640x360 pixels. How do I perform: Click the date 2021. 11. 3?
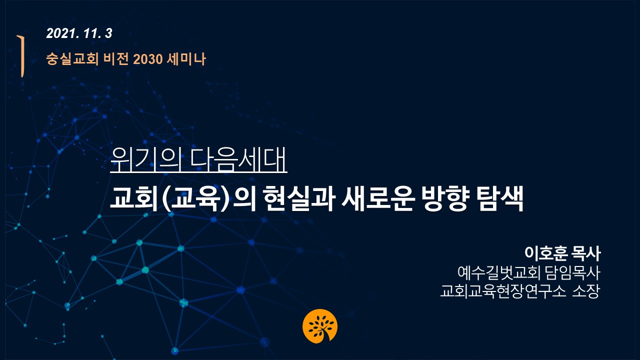point(79,33)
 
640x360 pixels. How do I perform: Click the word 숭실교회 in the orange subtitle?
point(72,59)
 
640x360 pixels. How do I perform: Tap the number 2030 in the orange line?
point(147,59)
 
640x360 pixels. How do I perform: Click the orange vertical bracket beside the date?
point(21,56)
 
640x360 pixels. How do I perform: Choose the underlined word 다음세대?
point(238,159)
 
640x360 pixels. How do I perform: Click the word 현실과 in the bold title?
point(299,198)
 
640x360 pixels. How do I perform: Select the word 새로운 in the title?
point(377,198)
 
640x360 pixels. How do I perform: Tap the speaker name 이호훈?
point(545,253)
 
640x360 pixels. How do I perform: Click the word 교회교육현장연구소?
point(503,291)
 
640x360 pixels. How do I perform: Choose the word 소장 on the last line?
point(585,291)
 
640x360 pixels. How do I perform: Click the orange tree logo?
point(320,326)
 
